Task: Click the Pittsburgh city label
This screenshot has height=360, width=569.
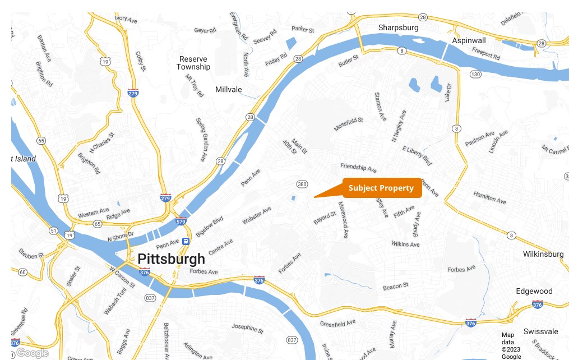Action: click(171, 259)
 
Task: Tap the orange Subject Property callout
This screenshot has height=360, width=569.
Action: click(384, 188)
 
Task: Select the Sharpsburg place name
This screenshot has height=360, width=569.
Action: click(398, 27)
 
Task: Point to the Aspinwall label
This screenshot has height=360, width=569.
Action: click(469, 40)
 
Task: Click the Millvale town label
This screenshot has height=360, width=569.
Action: click(229, 89)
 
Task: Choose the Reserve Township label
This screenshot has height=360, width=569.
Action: click(193, 63)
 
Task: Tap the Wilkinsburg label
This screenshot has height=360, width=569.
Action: click(543, 254)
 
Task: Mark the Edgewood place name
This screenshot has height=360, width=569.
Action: click(534, 291)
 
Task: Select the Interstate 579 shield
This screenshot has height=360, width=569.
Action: click(181, 221)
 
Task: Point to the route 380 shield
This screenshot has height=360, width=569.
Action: click(302, 184)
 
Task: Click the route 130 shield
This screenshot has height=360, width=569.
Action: click(475, 74)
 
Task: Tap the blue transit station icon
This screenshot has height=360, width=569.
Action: click(186, 241)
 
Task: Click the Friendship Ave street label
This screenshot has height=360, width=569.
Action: click(358, 168)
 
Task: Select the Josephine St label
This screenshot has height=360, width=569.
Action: click(247, 328)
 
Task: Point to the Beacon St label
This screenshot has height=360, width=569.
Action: click(396, 287)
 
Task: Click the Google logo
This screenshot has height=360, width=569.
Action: click(32, 353)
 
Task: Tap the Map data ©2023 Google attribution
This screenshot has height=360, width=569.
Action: click(511, 345)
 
